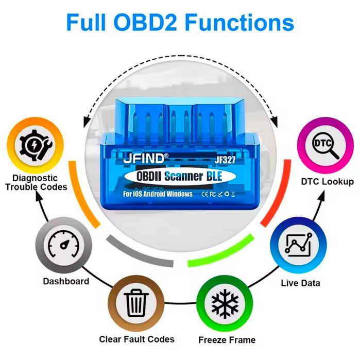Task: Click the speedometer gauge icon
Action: [63, 245]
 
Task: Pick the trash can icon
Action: [136, 303]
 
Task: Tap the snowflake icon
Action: [225, 304]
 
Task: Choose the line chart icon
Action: [299, 245]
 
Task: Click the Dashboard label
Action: [66, 281]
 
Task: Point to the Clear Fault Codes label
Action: [137, 339]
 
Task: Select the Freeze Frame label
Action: [227, 340]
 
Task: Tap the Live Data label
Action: [300, 283]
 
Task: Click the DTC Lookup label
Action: [328, 182]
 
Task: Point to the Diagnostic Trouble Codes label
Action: [36, 182]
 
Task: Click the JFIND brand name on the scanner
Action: [144, 158]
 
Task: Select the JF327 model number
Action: [225, 160]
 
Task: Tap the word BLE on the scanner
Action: [214, 176]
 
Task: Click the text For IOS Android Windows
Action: [158, 194]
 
